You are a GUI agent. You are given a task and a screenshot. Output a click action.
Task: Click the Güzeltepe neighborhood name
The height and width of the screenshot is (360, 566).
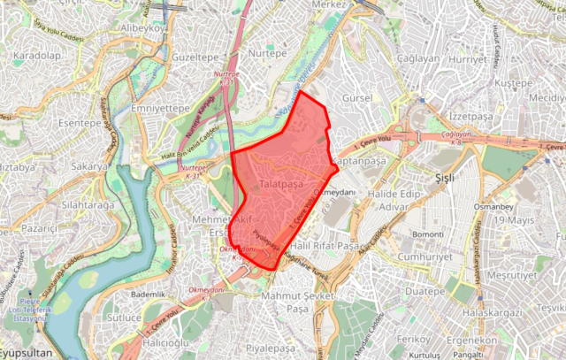pyautogui.click(x=195, y=55)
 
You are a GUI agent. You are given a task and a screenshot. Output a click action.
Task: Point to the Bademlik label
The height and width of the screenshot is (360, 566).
pyautogui.click(x=148, y=294)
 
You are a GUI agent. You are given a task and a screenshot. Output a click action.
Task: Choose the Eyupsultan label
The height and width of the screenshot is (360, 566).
pyautogui.click(x=27, y=352)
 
